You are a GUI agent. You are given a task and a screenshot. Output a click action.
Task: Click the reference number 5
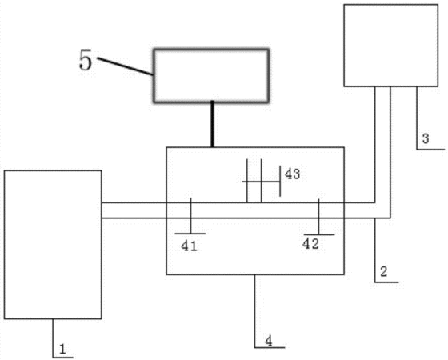86,60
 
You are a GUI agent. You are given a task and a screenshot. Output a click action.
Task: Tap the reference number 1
62,350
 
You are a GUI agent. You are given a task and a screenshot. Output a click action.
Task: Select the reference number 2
383,271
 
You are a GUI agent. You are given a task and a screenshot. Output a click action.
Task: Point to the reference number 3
426,138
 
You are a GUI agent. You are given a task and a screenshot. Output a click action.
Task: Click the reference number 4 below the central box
269,341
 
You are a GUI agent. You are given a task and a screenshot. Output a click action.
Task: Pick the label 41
189,246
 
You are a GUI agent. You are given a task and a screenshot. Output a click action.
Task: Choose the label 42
311,244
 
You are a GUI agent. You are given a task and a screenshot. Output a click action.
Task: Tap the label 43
292,174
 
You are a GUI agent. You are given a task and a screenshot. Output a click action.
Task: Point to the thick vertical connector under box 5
212,124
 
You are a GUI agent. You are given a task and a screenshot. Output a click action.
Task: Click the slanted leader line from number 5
125,66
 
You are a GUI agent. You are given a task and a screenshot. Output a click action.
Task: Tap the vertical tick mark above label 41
190,215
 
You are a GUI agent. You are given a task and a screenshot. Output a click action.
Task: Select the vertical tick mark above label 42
318,217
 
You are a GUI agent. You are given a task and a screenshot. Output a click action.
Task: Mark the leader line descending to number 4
255,311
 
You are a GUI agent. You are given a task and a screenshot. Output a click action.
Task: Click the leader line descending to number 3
417,118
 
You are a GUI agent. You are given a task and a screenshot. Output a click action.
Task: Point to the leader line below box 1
53,338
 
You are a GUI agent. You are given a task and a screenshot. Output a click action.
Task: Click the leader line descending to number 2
375,250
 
